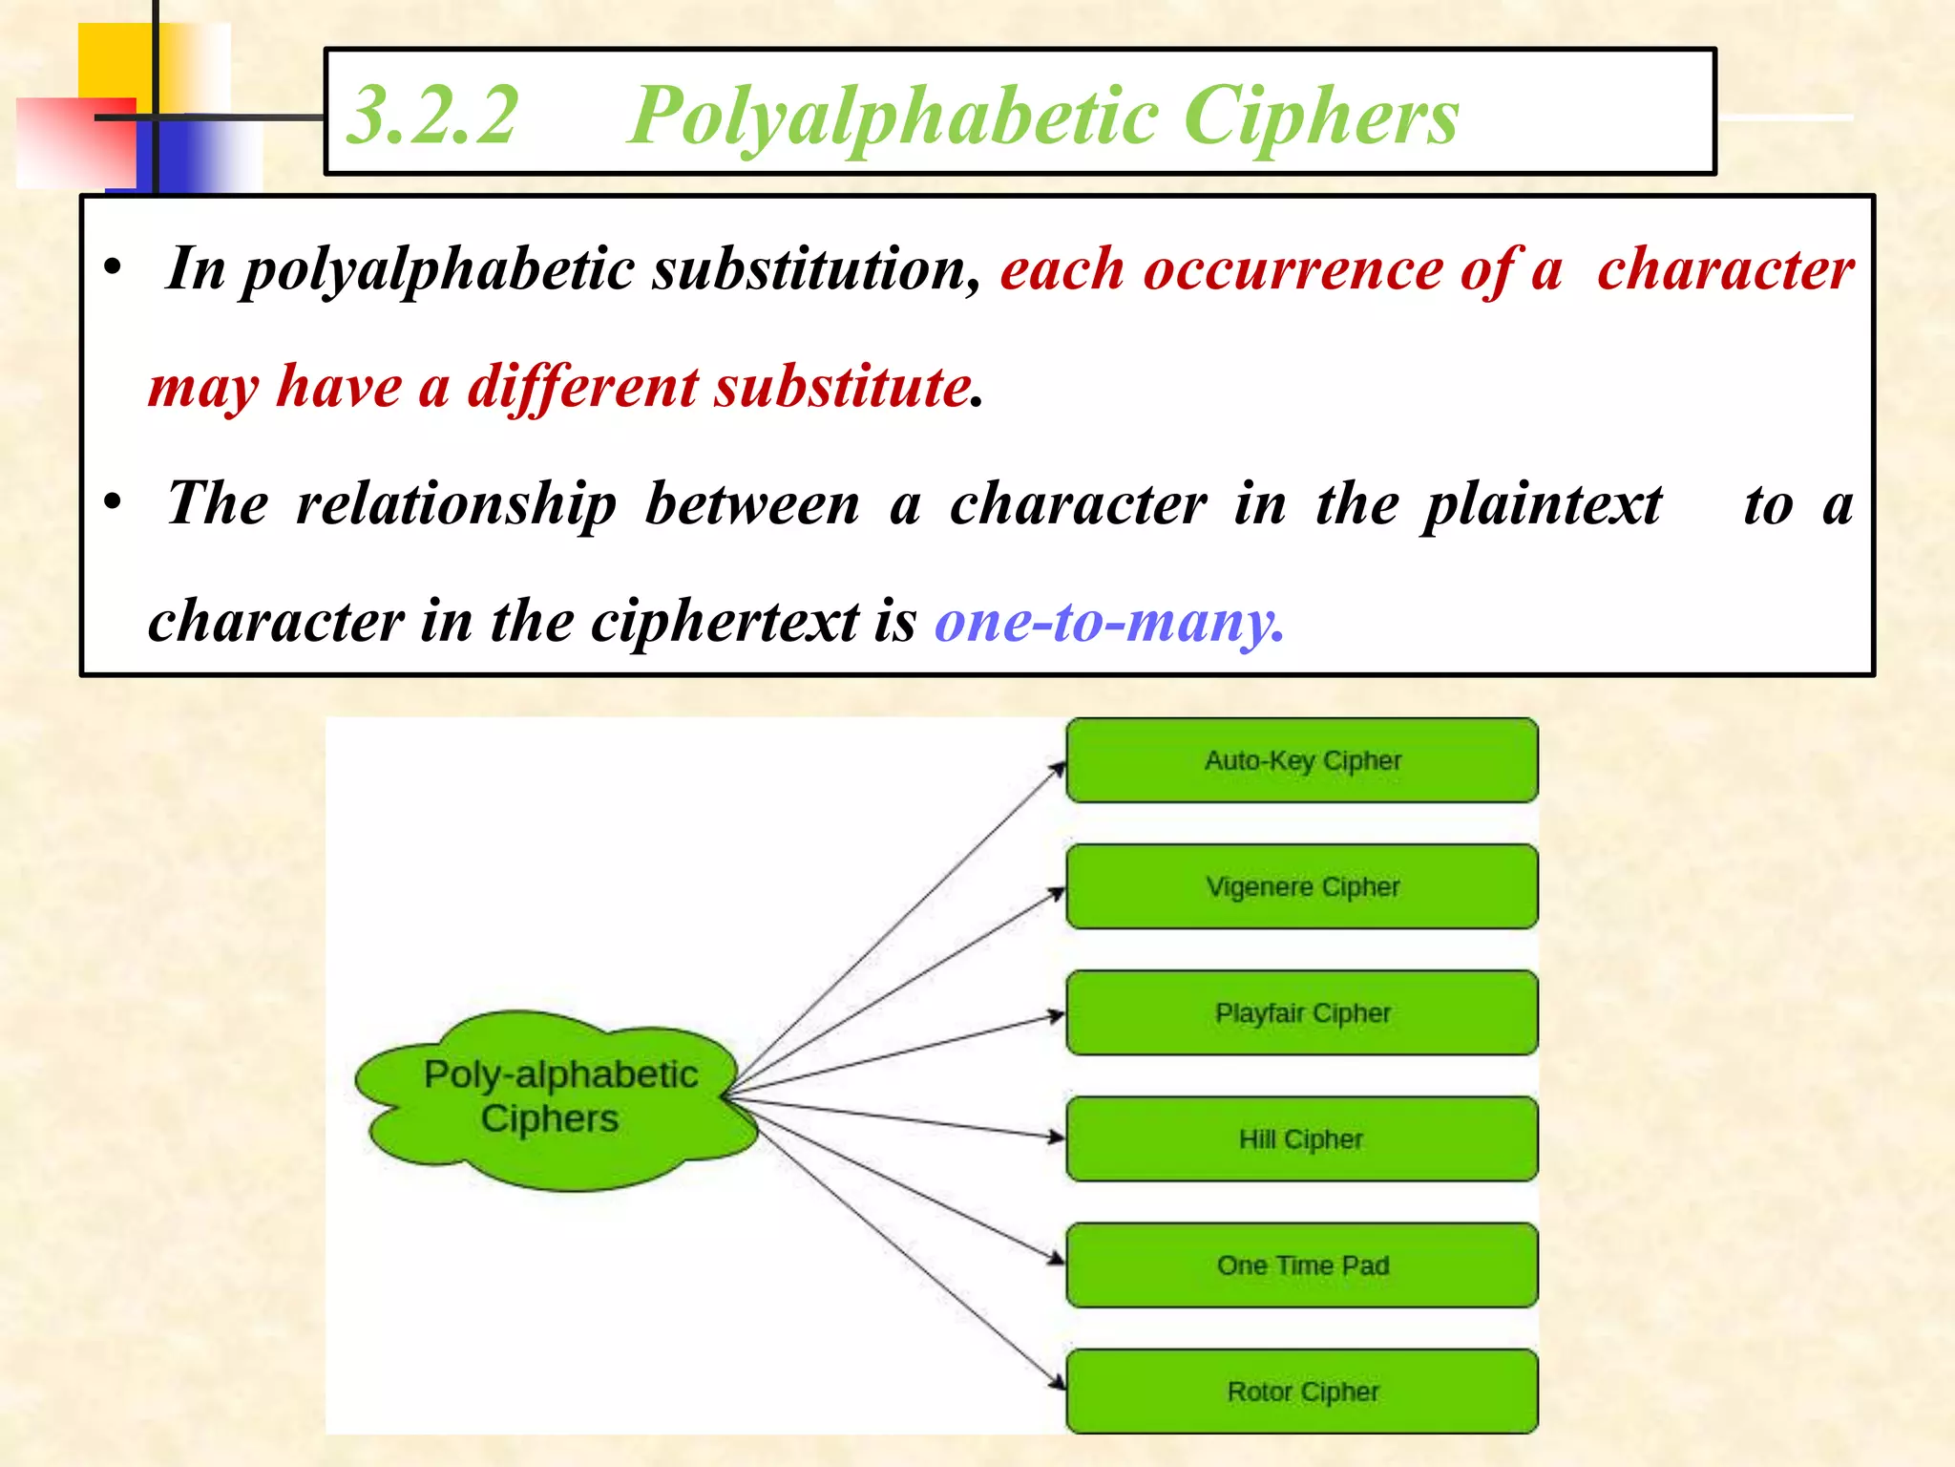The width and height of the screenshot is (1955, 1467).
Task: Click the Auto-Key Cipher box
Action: coord(1301,761)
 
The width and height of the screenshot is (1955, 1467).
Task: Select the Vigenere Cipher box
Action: coord(1301,887)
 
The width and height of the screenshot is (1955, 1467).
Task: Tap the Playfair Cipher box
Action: coord(1301,1013)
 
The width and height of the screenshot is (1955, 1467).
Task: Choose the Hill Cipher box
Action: coord(1301,1139)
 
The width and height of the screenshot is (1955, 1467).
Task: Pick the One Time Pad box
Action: coord(1301,1265)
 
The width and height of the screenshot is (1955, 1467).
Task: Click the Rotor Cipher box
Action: coord(1301,1392)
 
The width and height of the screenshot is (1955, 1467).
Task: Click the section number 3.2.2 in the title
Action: coord(432,116)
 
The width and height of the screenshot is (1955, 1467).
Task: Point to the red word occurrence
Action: coord(1293,269)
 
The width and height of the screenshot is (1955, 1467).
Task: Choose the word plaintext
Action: coord(1541,504)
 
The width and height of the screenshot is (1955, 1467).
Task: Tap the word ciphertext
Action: coord(725,622)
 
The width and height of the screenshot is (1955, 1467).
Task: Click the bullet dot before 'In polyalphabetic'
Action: coord(114,268)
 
